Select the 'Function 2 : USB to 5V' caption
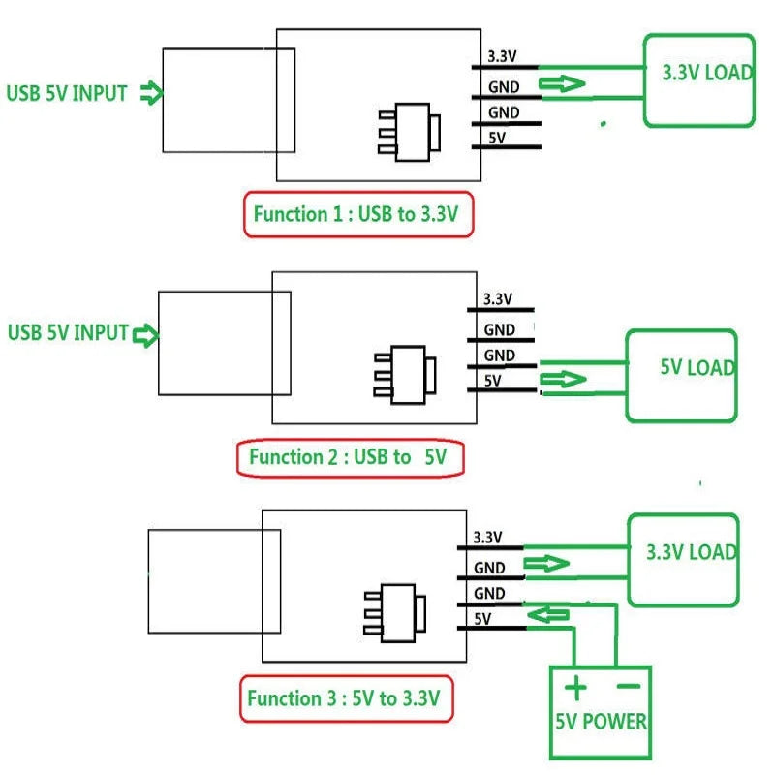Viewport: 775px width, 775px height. point(350,457)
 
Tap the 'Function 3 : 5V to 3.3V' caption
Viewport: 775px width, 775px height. point(345,697)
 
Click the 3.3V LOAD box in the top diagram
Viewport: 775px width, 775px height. point(698,80)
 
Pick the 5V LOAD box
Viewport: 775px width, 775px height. point(682,375)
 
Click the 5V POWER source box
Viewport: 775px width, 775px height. point(601,711)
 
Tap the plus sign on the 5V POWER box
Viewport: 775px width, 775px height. point(576,689)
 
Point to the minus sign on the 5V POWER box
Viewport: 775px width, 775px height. point(629,687)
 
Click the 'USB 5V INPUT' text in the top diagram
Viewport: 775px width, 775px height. point(67,94)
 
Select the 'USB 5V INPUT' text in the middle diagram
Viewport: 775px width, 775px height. point(68,333)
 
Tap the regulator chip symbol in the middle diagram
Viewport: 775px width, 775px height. point(404,373)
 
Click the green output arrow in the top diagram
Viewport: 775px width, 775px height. point(563,84)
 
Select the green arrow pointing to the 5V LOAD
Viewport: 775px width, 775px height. point(563,379)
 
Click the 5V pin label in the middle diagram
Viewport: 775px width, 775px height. point(492,381)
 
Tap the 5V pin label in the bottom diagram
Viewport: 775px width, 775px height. point(482,618)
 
